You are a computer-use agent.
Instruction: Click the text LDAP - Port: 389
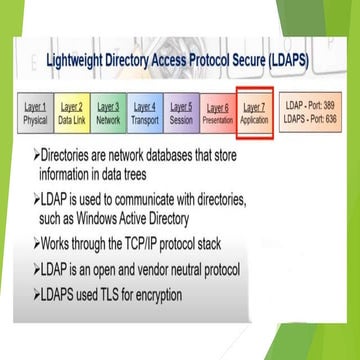click(310, 105)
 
